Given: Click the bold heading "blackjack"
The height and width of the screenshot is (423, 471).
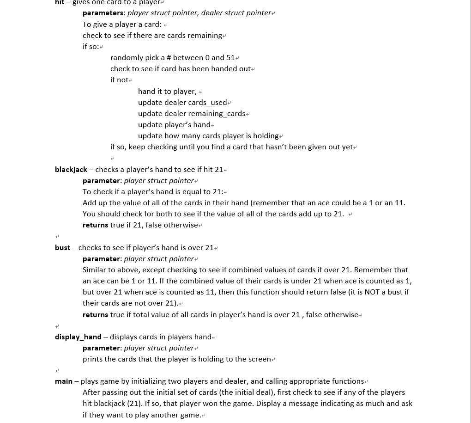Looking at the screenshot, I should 71,170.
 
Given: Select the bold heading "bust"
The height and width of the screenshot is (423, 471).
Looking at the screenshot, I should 62,248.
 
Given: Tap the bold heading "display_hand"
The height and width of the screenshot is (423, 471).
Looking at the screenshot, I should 78,337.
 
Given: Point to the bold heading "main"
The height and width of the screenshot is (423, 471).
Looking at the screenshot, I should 64,381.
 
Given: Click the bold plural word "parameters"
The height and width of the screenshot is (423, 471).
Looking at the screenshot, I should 103,13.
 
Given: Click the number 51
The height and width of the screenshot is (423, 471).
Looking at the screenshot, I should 230,58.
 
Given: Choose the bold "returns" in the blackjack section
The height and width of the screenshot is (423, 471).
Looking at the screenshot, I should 95,225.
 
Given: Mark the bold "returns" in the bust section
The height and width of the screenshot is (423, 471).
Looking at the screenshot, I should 95,315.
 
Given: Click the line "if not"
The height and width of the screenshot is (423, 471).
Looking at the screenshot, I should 119,80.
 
